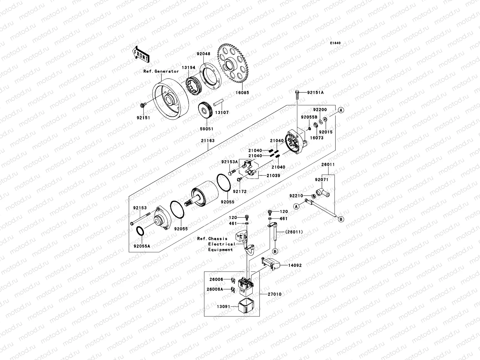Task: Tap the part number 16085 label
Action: pyautogui.click(x=242, y=93)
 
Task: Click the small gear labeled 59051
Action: pyautogui.click(x=206, y=112)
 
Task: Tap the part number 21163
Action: pyautogui.click(x=208, y=140)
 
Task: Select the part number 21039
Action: pyautogui.click(x=273, y=175)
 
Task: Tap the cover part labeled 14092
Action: pyautogui.click(x=272, y=264)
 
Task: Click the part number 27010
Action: pyautogui.click(x=274, y=294)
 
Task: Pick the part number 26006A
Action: pyautogui.click(x=215, y=289)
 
